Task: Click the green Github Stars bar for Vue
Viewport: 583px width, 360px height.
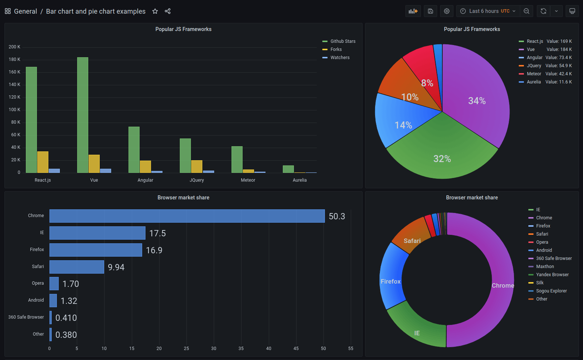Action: click(83, 115)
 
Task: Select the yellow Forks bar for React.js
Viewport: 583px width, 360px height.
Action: click(43, 162)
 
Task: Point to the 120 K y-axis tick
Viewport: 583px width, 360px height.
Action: click(14, 97)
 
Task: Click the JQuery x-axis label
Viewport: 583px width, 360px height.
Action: click(197, 180)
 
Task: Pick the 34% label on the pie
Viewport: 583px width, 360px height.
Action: click(477, 101)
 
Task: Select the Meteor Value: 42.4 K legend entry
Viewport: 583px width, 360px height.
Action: click(545, 74)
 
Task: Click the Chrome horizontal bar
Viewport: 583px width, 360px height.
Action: click(187, 216)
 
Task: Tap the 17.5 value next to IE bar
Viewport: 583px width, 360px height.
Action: click(157, 233)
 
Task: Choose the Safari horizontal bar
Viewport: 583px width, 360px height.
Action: click(77, 267)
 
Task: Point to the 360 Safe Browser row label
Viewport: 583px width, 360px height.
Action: click(26, 317)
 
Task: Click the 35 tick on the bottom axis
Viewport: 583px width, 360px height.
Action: click(241, 349)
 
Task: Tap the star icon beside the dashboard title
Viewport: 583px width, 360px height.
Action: click(155, 11)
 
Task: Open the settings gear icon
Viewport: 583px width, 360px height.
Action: click(447, 11)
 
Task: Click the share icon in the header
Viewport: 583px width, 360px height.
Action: click(168, 11)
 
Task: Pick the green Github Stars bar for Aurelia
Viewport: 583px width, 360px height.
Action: click(288, 169)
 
